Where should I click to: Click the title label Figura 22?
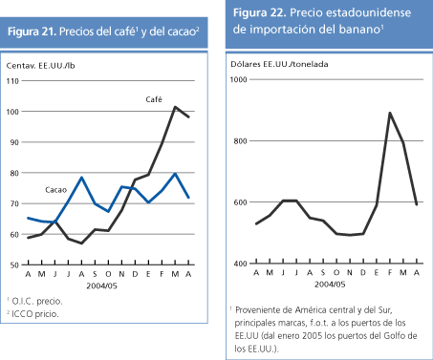pyautogui.click(x=259, y=12)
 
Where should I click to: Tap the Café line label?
pyautogui.click(x=153, y=98)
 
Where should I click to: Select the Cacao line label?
pyautogui.click(x=56, y=190)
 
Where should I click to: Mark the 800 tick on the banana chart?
pyautogui.click(x=242, y=141)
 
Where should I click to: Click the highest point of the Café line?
pyautogui.click(x=175, y=107)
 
